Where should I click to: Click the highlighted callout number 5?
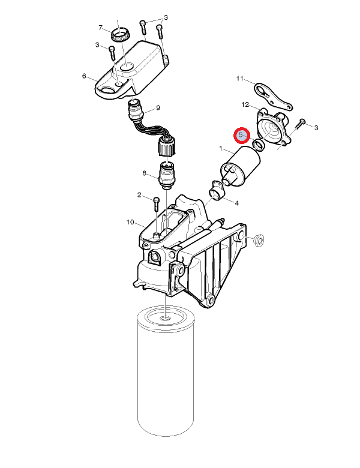point(241,134)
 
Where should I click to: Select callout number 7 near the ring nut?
point(101,28)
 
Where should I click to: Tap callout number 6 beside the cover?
point(84,76)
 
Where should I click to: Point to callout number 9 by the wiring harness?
point(158,108)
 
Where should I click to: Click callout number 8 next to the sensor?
point(145,173)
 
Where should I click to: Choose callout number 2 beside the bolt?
point(139,195)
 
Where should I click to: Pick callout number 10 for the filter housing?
point(130,222)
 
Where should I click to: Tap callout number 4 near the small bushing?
point(237,203)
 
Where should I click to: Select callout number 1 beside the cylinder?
point(221,148)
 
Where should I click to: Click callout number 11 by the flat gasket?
point(240,79)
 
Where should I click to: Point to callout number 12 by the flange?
point(245,104)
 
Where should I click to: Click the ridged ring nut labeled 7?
point(121,35)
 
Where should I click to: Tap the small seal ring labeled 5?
point(259,144)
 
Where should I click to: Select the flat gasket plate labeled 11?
point(273,97)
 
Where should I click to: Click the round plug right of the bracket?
point(258,240)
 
